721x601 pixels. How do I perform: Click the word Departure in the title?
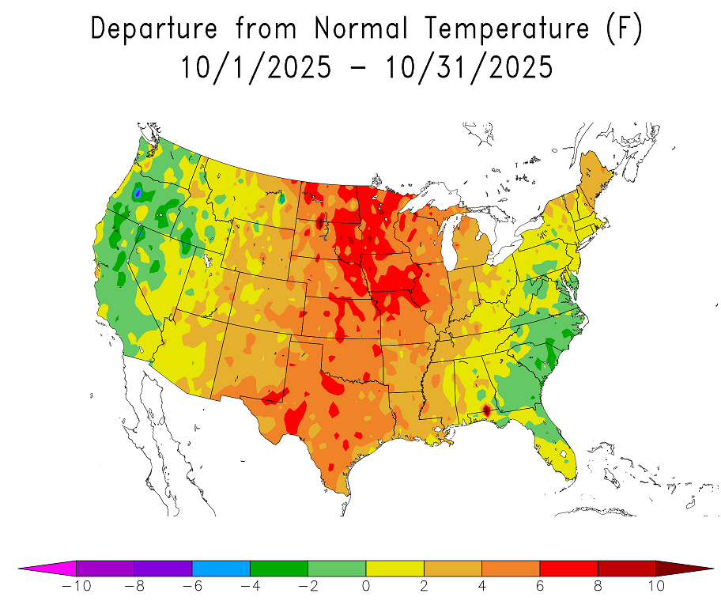(155, 28)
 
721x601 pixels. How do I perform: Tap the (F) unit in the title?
(625, 28)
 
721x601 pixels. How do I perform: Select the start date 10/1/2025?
(255, 67)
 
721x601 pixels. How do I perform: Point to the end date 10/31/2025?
(469, 67)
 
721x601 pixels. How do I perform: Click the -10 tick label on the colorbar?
(76, 586)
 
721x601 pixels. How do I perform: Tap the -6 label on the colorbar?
(192, 586)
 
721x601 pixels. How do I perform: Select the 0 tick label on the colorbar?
(366, 586)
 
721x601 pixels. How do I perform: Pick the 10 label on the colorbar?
(655, 586)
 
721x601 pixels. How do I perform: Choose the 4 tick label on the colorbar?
(481, 586)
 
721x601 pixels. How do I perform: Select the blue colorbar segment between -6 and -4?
(221, 568)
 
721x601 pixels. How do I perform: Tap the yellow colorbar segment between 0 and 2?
(394, 568)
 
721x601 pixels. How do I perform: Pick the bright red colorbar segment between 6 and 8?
(568, 568)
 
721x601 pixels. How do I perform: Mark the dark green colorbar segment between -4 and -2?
(279, 568)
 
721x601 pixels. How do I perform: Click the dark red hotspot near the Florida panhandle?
(486, 410)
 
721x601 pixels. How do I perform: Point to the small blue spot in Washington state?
(138, 192)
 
